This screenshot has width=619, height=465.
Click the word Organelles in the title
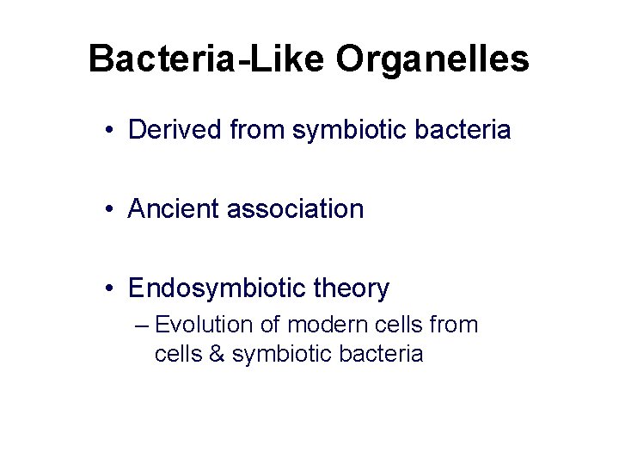point(432,59)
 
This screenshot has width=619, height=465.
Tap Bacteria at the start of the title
point(154,59)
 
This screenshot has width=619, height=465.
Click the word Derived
point(175,130)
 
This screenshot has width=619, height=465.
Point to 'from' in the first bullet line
point(259,130)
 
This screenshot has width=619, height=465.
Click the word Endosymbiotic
point(217,288)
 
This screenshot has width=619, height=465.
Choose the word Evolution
point(205,325)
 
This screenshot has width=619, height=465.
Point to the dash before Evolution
point(143,326)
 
